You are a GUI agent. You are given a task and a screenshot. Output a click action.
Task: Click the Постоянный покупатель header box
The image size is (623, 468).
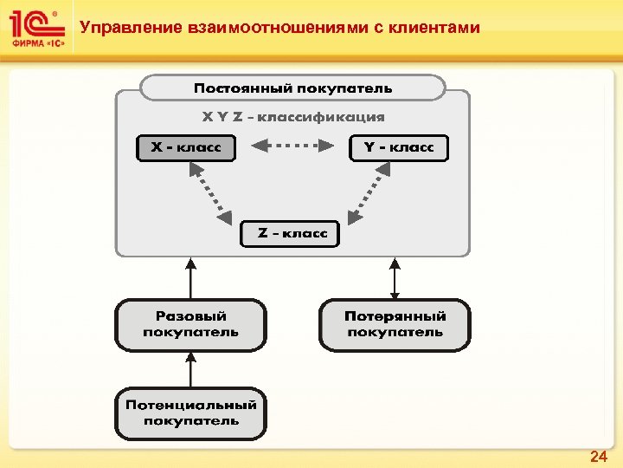(x=292, y=88)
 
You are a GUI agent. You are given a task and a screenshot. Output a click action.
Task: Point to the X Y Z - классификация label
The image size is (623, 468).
(x=293, y=116)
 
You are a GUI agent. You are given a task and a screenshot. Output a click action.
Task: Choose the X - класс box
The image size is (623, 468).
(x=185, y=147)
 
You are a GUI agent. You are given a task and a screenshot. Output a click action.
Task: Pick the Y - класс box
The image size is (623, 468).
(x=399, y=147)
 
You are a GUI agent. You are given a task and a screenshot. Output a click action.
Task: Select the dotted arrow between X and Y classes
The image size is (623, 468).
(x=292, y=147)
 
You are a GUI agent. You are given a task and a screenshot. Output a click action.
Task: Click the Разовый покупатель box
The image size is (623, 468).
(x=190, y=324)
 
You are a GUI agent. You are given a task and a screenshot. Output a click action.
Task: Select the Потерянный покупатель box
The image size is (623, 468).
(x=395, y=324)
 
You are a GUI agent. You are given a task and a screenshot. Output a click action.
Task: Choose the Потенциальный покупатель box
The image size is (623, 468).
(x=190, y=413)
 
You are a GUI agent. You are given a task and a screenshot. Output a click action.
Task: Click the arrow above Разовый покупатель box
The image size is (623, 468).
(x=190, y=277)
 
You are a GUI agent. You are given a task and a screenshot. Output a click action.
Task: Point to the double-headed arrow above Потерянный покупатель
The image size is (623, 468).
(x=395, y=277)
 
